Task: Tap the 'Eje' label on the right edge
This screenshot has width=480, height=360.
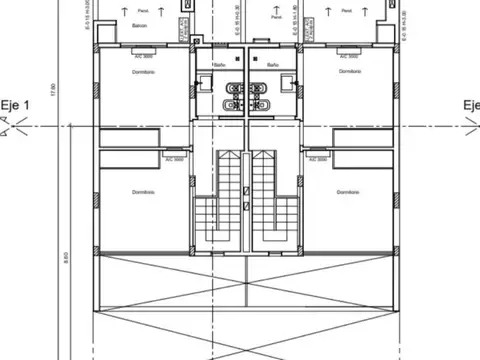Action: tap(470, 105)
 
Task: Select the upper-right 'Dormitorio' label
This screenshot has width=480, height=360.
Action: tap(349, 72)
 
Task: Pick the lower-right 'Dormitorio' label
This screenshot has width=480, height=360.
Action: tap(347, 192)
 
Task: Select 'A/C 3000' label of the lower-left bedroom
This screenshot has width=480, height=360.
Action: tap(174, 159)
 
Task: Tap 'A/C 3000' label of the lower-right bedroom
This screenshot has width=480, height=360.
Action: tap(318, 159)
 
